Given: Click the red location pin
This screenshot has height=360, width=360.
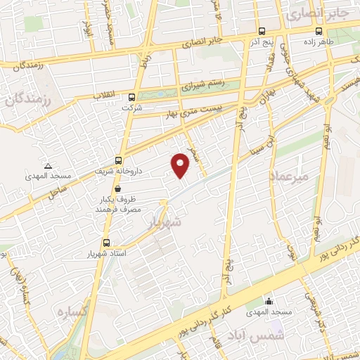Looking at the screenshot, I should point(181,165).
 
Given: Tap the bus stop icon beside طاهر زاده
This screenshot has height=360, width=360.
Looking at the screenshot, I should point(319,31).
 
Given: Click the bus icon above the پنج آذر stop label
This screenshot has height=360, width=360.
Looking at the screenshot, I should point(262,31).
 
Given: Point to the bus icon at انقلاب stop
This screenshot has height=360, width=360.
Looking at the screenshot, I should point(132,97).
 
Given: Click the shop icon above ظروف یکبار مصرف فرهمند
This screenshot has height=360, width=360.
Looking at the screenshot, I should point(117,188).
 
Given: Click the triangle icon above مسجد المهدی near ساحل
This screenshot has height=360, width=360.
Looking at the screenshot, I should point(48,166).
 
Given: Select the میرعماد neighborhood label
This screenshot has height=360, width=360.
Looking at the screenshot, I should point(288,177).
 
